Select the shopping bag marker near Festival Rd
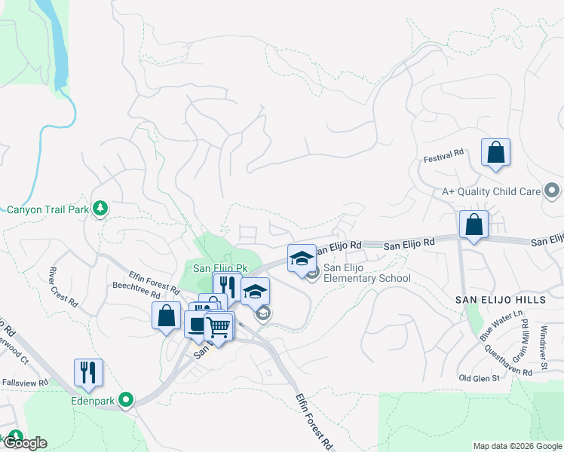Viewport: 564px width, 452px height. (x=495, y=153)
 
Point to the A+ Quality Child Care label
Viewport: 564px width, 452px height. (x=491, y=191)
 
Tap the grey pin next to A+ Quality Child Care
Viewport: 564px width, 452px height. (x=553, y=191)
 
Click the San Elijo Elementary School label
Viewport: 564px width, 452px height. (x=367, y=273)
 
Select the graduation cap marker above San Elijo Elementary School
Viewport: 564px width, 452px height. (x=302, y=258)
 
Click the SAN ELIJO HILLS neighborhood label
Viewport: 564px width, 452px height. (x=500, y=300)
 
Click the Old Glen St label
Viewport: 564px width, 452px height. (x=480, y=377)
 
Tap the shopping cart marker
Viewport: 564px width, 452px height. (x=219, y=327)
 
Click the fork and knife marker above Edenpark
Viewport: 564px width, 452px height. (x=88, y=373)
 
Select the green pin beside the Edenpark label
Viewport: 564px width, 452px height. (x=127, y=400)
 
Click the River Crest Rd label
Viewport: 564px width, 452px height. (x=63, y=286)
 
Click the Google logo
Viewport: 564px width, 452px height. (x=25, y=442)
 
